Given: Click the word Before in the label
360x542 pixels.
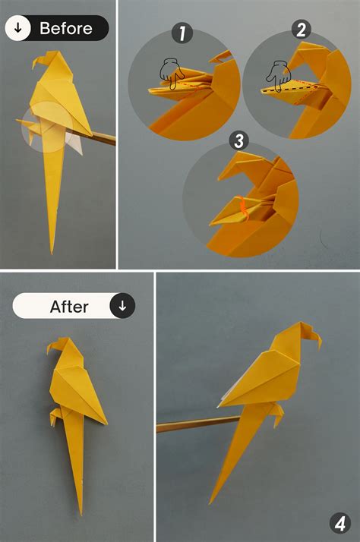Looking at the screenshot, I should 65,29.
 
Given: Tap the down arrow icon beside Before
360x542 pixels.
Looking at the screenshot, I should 18,29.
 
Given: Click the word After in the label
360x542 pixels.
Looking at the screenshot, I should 69,307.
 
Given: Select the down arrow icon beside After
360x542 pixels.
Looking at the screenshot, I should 122,306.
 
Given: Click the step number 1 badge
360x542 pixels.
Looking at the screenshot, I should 182,33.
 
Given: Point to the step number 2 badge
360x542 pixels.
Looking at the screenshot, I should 301,30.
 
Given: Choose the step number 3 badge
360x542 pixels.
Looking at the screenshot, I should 238,140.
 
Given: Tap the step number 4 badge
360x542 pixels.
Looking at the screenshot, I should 339,522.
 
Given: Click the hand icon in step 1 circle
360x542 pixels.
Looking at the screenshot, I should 169,73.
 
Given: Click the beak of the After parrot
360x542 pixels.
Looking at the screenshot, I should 51,351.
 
